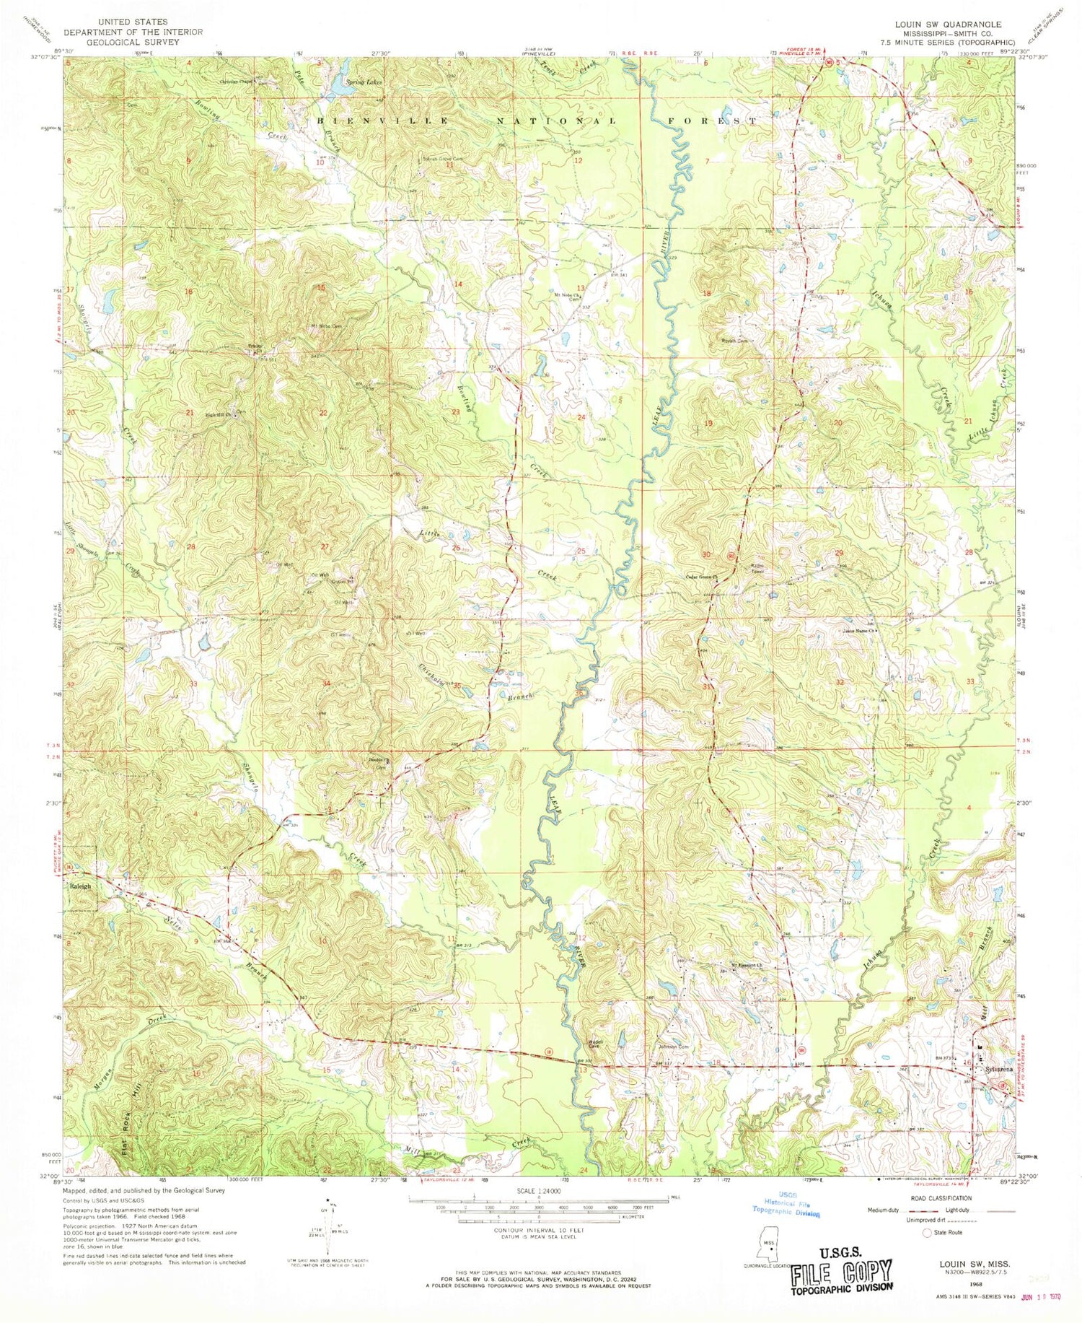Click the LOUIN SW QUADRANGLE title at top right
[x=948, y=25]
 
